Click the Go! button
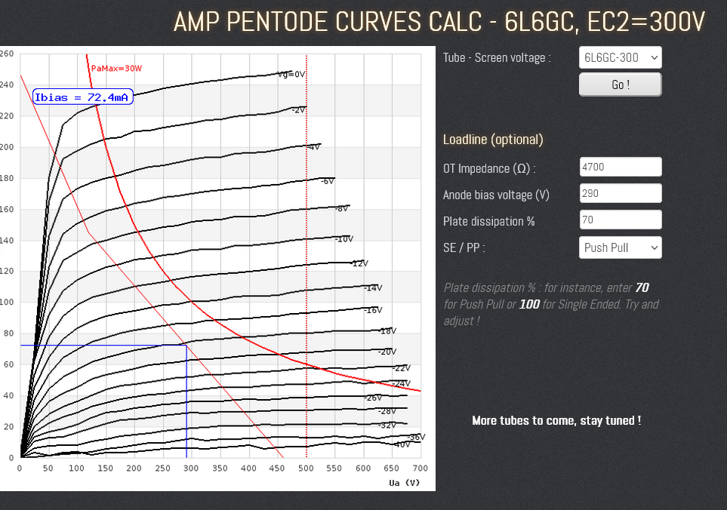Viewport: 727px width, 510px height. (x=620, y=84)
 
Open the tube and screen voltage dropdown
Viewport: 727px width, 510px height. (x=620, y=58)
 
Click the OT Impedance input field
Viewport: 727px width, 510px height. (x=620, y=167)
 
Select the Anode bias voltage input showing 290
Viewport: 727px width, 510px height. (x=620, y=193)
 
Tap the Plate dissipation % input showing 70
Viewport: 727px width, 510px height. (x=620, y=220)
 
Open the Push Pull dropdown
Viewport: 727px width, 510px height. (x=620, y=247)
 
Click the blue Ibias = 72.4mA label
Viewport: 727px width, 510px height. (x=83, y=97)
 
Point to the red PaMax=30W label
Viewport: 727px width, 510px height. (x=116, y=68)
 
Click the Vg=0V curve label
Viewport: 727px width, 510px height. (x=291, y=74)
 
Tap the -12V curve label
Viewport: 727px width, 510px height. (x=359, y=263)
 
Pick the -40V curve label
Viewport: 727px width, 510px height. (x=402, y=444)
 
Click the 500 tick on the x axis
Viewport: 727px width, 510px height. (x=307, y=469)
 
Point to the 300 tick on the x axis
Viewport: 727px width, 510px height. (x=192, y=469)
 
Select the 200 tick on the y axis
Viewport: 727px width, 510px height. (x=7, y=147)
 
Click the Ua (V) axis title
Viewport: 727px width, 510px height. (x=404, y=482)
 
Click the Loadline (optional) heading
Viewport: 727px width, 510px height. (x=493, y=140)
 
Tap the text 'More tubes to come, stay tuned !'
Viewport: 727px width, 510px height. (x=556, y=420)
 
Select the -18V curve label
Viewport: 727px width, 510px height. (x=387, y=330)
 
